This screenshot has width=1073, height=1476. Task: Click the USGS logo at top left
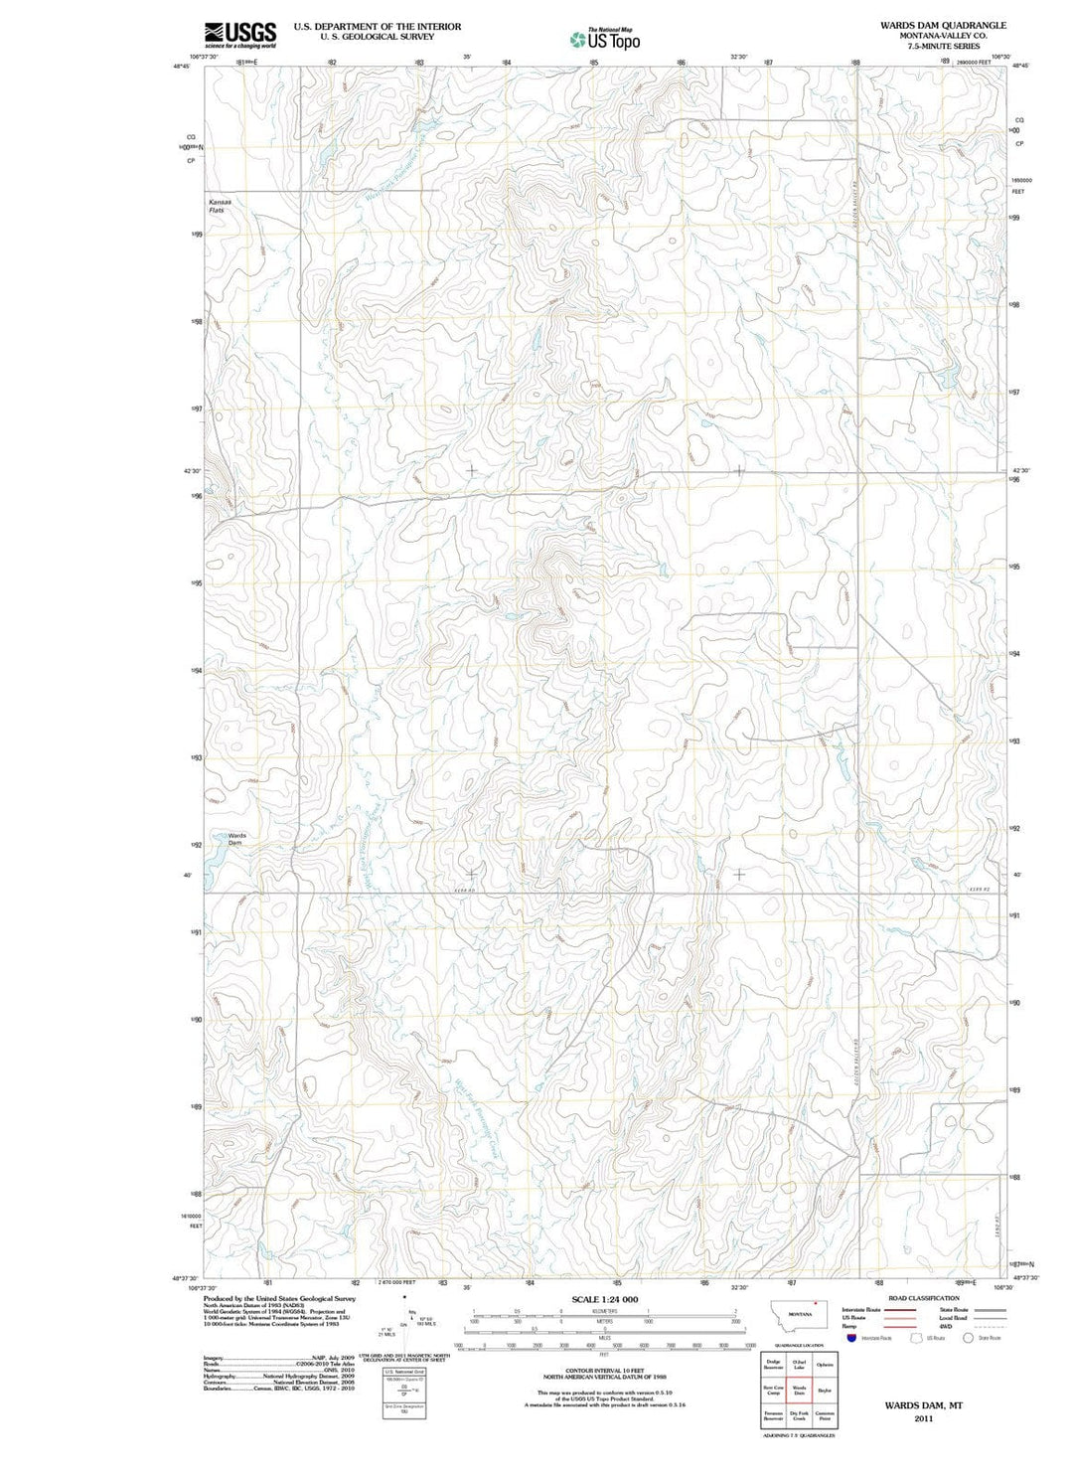[x=239, y=35]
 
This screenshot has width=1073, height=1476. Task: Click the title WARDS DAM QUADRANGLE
[x=942, y=25]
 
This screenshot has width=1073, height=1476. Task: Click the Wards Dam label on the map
[x=236, y=839]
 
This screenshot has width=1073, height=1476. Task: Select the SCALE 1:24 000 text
[x=604, y=1299]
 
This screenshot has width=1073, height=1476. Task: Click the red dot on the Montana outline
[x=815, y=1303]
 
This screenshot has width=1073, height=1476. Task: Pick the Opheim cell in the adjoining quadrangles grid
[x=825, y=1365]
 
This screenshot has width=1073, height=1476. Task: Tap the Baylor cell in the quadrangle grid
[x=825, y=1391]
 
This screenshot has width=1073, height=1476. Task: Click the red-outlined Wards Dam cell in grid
[x=799, y=1391]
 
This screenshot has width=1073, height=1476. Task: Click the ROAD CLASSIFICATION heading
[x=923, y=1298]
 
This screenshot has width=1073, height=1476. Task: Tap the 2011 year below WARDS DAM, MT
[x=924, y=1418]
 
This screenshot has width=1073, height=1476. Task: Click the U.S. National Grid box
[x=403, y=1372]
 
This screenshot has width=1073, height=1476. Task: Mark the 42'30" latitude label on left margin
[x=192, y=471]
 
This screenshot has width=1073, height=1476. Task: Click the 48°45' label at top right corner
[x=1020, y=66]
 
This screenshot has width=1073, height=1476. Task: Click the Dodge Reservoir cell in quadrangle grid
[x=773, y=1365]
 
